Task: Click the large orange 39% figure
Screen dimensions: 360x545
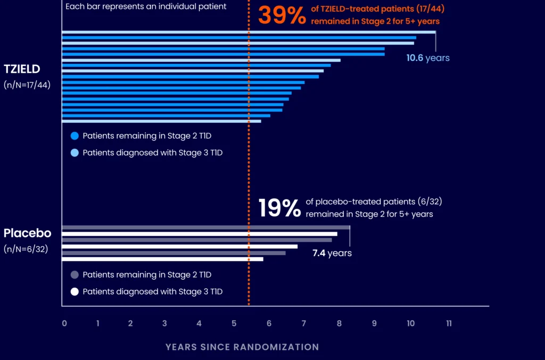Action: pos(282,15)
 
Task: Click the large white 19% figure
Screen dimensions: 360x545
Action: pos(280,208)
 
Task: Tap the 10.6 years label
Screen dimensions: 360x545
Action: pos(427,58)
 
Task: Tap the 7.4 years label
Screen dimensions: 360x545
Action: pos(332,253)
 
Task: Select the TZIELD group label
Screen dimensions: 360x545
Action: pos(22,69)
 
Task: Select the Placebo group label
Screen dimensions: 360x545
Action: pos(27,233)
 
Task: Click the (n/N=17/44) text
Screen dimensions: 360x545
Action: pos(27,84)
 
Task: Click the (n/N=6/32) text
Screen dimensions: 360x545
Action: pos(26,248)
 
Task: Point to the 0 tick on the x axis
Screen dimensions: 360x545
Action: pos(64,323)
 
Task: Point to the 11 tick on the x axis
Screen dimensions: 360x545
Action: pos(449,323)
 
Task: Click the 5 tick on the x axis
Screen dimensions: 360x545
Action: pos(234,323)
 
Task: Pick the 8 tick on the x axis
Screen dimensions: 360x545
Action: pos(339,323)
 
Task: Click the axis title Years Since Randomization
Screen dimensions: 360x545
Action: pos(242,347)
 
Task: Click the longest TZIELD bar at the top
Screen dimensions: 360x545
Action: pos(249,32)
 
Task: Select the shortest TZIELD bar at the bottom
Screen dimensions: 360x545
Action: pos(161,121)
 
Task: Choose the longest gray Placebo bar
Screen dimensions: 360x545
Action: pos(205,228)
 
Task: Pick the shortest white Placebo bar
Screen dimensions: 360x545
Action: pos(162,259)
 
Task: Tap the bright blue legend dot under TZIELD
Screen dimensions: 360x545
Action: pos(75,136)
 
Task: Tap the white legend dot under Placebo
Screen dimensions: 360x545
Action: pos(75,291)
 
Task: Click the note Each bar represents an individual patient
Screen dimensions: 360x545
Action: pos(145,7)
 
